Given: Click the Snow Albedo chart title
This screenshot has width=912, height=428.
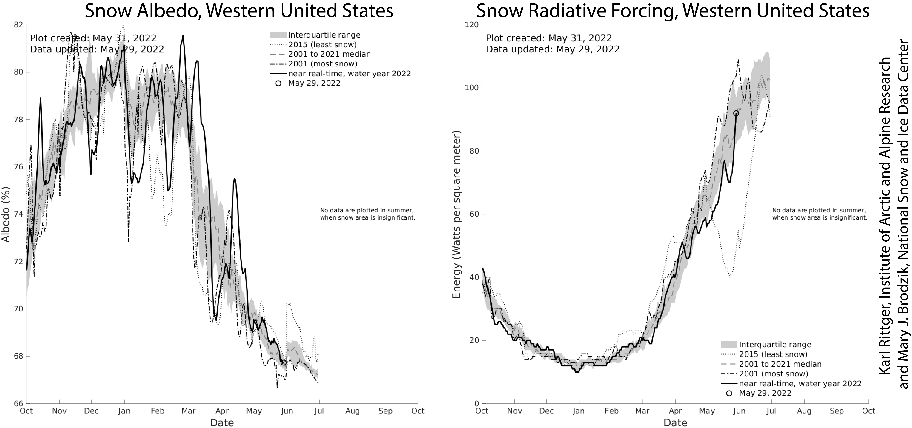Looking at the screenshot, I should pyautogui.click(x=239, y=11).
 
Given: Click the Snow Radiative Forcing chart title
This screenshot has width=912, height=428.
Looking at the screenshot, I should pyautogui.click(x=673, y=11).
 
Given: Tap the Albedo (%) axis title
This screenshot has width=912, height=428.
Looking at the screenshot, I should pyautogui.click(x=6, y=214).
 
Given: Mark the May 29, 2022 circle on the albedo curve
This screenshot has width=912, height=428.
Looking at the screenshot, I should pyautogui.click(x=283, y=363).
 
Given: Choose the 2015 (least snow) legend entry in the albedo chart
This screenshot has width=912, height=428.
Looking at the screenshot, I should pyautogui.click(x=322, y=45).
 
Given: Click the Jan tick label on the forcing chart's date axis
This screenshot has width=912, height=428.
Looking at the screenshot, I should pyautogui.click(x=579, y=411).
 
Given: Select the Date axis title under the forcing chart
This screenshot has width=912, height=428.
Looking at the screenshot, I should pyautogui.click(x=675, y=423).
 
